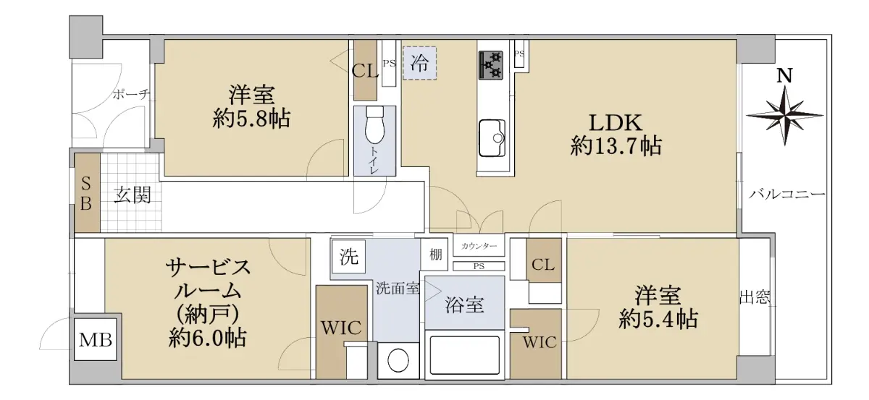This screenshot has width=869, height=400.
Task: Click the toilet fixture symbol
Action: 375,125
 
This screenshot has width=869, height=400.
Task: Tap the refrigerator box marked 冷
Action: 419,63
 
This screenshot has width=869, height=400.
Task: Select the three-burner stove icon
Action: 491,65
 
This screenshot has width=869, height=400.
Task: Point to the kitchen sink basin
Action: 492,137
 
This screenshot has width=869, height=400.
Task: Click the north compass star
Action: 784,116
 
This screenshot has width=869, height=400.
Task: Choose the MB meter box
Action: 96,340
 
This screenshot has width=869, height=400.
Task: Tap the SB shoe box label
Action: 86,193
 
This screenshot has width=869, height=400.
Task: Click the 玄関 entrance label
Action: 133,195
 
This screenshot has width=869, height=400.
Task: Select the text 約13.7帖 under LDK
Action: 616,147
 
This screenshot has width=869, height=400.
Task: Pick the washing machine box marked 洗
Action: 348,257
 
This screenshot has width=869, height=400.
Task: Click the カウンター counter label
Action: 479,246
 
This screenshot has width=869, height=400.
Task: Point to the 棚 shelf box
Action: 435,255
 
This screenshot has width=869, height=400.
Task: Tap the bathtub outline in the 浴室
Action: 464,355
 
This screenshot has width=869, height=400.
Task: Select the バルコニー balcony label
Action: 786,194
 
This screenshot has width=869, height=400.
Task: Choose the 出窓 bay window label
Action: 755,298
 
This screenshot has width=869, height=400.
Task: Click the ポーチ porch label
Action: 132,94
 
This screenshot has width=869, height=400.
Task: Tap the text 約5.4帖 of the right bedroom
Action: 658,320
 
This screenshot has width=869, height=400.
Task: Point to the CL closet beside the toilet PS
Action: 365,71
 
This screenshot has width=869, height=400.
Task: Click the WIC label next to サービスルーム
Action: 341,328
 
